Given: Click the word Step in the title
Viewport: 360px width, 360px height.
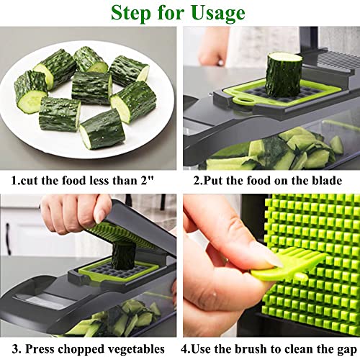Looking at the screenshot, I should pyautogui.click(x=132, y=13).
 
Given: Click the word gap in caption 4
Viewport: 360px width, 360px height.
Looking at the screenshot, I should pyautogui.click(x=342, y=349).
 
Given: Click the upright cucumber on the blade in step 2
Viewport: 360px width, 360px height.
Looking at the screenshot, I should pyautogui.click(x=283, y=73).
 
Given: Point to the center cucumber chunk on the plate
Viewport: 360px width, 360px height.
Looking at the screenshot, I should pyautogui.click(x=92, y=88).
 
